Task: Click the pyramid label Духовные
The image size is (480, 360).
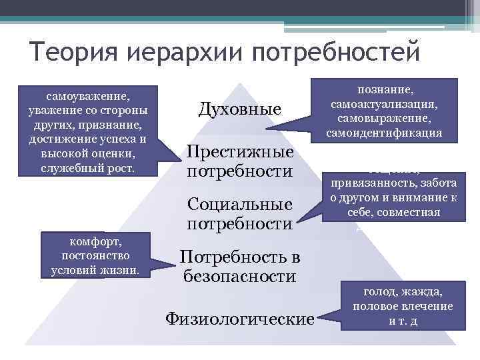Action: click(240, 108)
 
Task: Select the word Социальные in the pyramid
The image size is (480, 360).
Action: click(240, 203)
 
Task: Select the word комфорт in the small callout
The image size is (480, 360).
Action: click(95, 242)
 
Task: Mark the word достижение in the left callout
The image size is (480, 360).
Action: click(59, 139)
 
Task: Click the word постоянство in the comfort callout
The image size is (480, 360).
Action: click(95, 256)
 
